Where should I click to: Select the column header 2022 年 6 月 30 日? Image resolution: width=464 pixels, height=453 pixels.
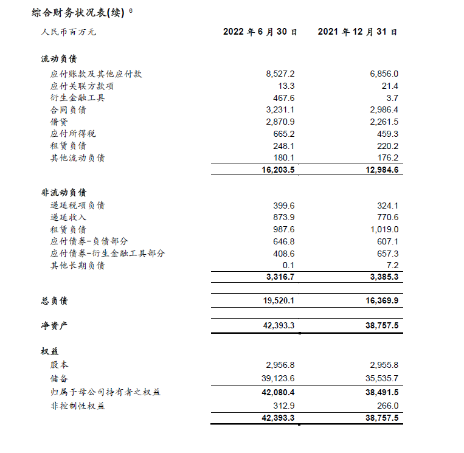[x=260, y=32]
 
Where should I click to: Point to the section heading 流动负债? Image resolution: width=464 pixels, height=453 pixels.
[x=59, y=59]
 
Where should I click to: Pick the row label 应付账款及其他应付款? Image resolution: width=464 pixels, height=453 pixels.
[x=95, y=74]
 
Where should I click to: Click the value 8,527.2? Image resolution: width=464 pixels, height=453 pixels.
[x=280, y=74]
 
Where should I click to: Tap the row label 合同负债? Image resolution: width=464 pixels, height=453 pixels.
[x=68, y=110]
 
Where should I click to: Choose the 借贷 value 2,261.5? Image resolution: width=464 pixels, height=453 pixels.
[x=384, y=122]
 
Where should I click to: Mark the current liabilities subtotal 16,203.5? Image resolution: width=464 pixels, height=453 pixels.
[x=278, y=170]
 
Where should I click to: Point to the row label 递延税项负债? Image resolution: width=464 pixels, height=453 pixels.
[x=77, y=206]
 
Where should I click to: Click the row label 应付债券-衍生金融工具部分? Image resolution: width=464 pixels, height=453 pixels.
[x=108, y=254]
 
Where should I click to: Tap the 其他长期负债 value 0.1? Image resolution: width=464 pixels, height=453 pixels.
[x=288, y=266]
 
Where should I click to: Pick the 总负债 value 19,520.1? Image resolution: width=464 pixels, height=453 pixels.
[x=278, y=301]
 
